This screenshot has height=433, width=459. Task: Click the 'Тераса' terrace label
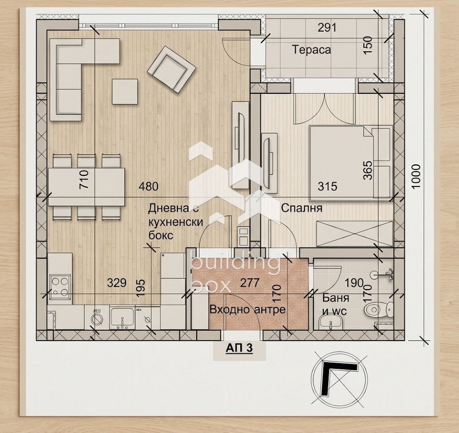click(312, 49)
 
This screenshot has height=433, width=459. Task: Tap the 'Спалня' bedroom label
click(302, 208)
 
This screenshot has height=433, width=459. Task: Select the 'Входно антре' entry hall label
click(247, 309)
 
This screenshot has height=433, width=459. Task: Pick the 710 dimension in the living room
click(83, 179)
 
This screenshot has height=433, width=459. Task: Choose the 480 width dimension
click(148, 186)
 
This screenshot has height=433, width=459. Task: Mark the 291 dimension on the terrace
click(327, 28)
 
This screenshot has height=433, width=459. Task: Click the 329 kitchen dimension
click(117, 283)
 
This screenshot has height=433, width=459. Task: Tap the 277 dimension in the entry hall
click(250, 282)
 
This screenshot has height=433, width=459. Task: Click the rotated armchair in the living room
click(172, 69)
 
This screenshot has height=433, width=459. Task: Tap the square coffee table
click(125, 91)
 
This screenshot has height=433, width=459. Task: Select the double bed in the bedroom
click(351, 163)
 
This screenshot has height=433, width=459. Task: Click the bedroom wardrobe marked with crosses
click(355, 234)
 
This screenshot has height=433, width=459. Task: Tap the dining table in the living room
click(87, 187)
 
